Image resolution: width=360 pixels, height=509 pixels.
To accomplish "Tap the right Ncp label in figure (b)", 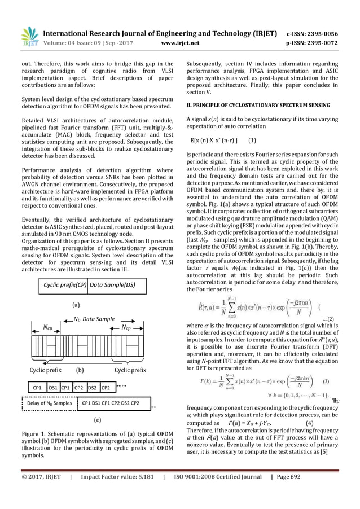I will tap(130, 327).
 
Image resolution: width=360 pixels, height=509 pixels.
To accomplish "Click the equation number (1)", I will tap(253, 141).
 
